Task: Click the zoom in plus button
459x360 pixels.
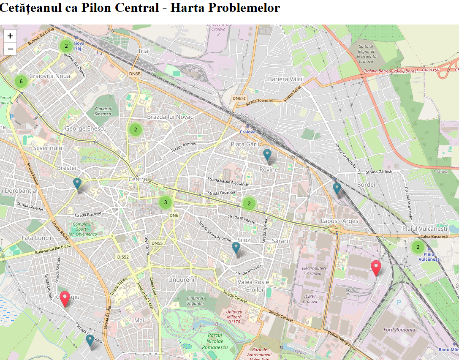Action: pyautogui.click(x=10, y=36)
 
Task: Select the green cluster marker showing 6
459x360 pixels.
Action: pyautogui.click(x=21, y=81)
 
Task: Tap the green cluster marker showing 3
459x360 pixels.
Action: pyautogui.click(x=166, y=202)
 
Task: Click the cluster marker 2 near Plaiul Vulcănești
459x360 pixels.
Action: pyautogui.click(x=418, y=247)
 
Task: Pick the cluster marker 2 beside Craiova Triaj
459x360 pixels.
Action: pyautogui.click(x=66, y=46)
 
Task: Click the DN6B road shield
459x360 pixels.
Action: pyautogui.click(x=135, y=74)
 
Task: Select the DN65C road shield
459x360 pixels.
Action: pyautogui.click(x=239, y=98)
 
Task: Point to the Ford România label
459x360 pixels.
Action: pyautogui.click(x=399, y=330)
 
